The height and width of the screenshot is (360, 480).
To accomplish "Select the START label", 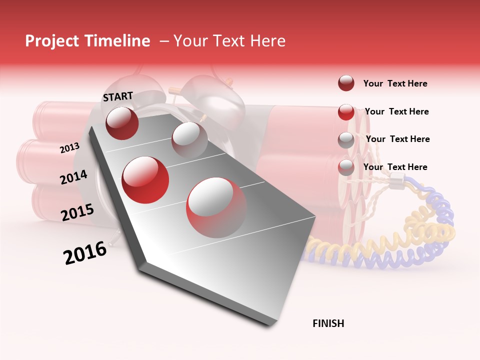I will pyautogui.click(x=118, y=96).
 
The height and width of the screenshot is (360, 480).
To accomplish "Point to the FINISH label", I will pyautogui.click(x=328, y=323).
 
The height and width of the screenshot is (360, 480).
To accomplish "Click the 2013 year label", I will pyautogui.click(x=69, y=147).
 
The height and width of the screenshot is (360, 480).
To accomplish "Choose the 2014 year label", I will pyautogui.click(x=73, y=177).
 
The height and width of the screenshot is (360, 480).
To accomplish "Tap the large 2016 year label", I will pyautogui.click(x=85, y=253).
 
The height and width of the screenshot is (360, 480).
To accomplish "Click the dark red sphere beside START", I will pyautogui.click(x=122, y=123).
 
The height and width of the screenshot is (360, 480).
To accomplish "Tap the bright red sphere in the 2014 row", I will pyautogui.click(x=145, y=179).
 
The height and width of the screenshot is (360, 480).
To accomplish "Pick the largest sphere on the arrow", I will pyautogui.click(x=216, y=207).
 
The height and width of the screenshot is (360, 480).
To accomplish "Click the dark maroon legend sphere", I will pyautogui.click(x=346, y=83).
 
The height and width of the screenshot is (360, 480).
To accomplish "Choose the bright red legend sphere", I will pyautogui.click(x=346, y=112).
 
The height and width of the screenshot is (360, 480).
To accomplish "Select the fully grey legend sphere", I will pyautogui.click(x=346, y=139).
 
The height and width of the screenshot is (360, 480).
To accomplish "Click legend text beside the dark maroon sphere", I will pyautogui.click(x=395, y=83).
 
